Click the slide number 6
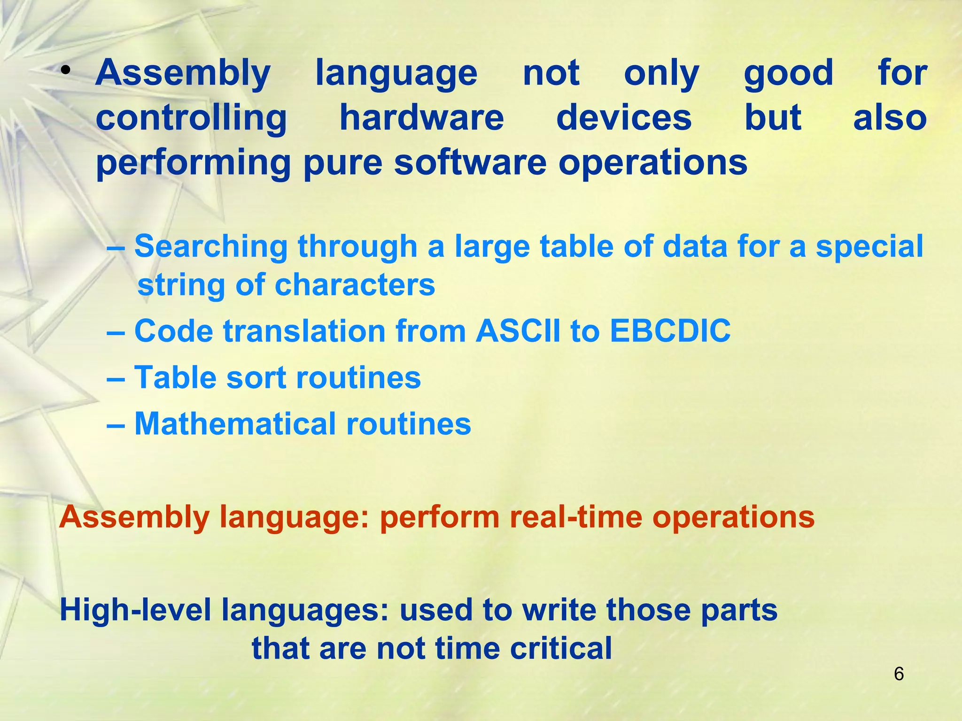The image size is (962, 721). coord(899,674)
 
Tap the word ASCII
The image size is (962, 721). coord(518,331)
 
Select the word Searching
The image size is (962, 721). coord(211,247)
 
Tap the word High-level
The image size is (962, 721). coord(135,610)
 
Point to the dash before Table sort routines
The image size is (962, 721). coord(116,378)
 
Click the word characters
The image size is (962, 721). coord(355,285)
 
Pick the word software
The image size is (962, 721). coord(470,162)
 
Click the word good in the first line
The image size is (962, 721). coord(789,74)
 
